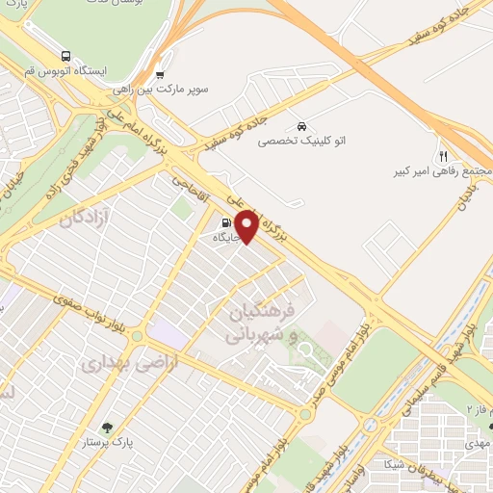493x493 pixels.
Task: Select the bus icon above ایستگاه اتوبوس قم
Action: coord(65,56)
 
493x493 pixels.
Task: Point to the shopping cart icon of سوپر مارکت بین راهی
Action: coord(160,75)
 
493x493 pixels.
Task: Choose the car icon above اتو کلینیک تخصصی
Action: coord(302,126)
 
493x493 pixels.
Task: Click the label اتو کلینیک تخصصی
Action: coord(302,141)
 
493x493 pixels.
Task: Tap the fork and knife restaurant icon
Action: coord(443,155)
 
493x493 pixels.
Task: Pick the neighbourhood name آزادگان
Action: coord(87,219)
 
